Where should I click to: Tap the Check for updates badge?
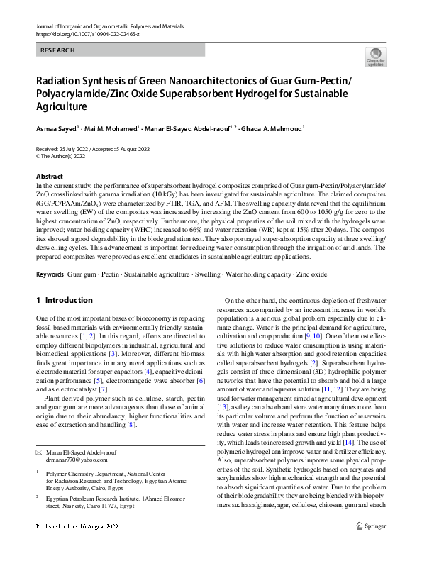(374, 57)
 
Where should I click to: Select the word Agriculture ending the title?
(61, 106)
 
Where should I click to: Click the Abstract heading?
(49, 176)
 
